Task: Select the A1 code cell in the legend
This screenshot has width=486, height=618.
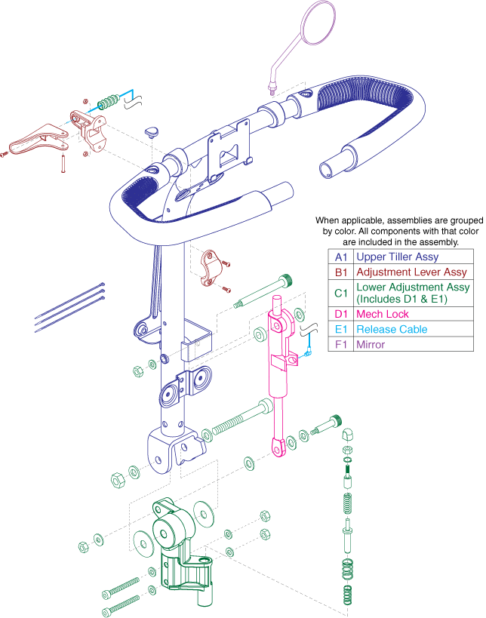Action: point(340,257)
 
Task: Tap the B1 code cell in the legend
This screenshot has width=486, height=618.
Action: point(340,272)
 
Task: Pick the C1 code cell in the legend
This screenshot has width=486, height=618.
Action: point(340,294)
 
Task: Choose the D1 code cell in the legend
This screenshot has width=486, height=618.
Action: point(340,315)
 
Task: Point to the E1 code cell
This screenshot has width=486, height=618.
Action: point(340,330)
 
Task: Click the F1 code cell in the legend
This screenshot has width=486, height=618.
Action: point(340,344)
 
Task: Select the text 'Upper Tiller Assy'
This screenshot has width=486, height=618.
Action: point(396,257)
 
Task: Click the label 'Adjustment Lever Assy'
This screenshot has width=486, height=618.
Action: point(411,272)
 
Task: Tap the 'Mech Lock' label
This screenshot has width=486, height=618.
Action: point(382,315)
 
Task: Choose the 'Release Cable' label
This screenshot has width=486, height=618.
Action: point(391,330)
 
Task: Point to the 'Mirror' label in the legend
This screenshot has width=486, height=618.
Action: point(371,344)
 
